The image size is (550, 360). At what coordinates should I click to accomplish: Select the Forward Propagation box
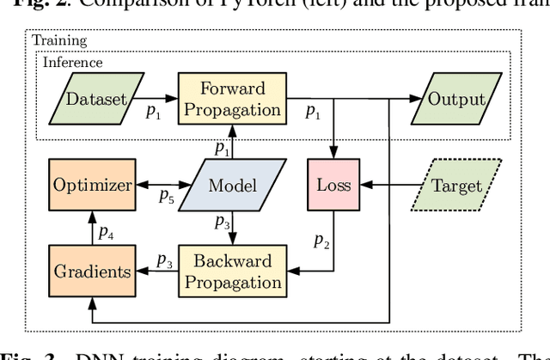[x=229, y=99]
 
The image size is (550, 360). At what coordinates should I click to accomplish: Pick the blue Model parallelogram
[x=227, y=185]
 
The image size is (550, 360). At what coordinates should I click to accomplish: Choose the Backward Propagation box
[x=229, y=271]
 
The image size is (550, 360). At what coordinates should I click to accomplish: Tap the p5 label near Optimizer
[x=167, y=197]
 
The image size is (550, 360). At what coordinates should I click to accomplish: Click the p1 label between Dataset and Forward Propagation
[x=151, y=113]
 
